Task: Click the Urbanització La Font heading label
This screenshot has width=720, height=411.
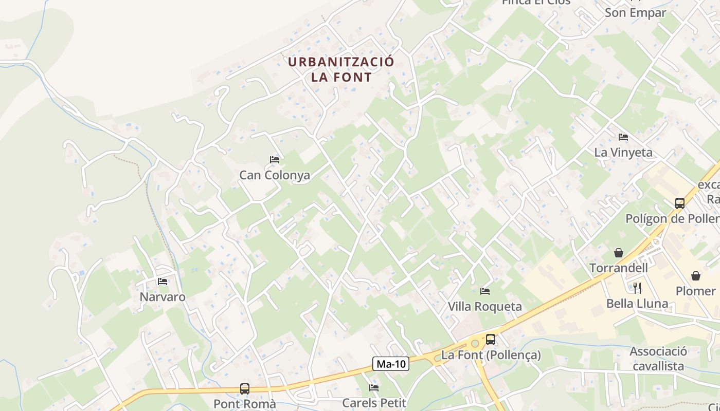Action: coord(341,69)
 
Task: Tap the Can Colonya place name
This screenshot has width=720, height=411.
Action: coord(275,175)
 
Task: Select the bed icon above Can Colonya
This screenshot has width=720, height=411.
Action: coord(275,160)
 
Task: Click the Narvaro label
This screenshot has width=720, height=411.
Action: coord(163,297)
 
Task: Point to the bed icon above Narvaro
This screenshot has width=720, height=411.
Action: coord(163,282)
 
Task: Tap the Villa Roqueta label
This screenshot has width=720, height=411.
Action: coord(484,307)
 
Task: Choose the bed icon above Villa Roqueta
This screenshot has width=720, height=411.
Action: coord(484,291)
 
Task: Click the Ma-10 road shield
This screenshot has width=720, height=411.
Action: coord(391,364)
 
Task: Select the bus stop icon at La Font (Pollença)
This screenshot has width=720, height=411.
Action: coord(491,340)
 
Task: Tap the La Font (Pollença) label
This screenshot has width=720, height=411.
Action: coord(491,355)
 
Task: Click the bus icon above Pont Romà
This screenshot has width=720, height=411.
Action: coord(245,389)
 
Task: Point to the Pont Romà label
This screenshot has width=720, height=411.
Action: coord(245,404)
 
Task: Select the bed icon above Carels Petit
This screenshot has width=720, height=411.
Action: coord(374,388)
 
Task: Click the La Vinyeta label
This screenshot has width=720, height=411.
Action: coord(623,153)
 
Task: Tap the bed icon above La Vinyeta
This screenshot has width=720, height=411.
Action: coord(623,137)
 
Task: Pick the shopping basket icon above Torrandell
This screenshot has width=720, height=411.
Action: coord(619,253)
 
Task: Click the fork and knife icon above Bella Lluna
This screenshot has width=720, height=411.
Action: coord(637,288)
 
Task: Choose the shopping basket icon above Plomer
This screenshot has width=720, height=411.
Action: coord(696,276)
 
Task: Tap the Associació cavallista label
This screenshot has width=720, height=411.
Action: coord(658,359)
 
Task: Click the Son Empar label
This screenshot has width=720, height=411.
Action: coord(635,13)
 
